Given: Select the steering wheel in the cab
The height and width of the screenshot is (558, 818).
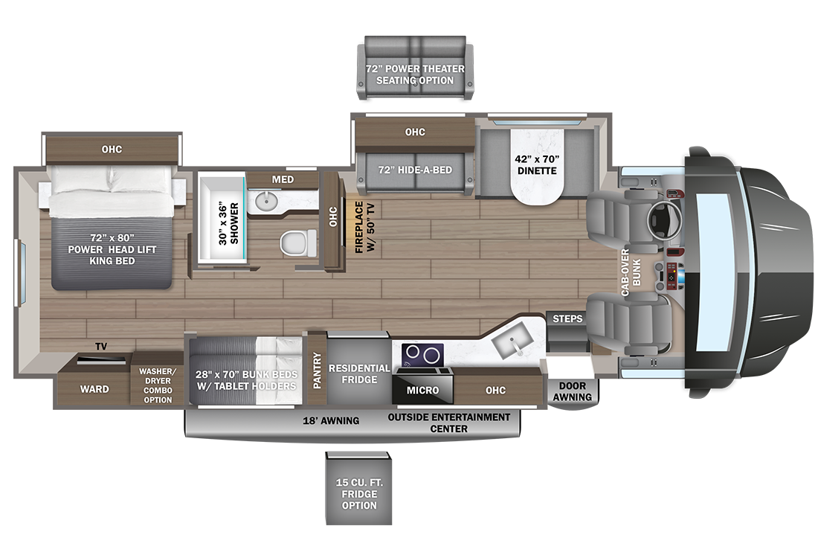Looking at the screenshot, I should coord(661,218).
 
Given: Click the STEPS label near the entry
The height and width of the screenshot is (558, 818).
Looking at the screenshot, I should coord(567,319).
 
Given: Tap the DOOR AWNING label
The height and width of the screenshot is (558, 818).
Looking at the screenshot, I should coord(572,391).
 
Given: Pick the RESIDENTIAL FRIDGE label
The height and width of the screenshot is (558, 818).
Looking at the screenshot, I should coord(359,373).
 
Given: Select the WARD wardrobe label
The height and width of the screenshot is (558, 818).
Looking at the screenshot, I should coord(94,389).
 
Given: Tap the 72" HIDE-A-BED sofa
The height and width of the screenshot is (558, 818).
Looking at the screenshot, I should coord(414,170).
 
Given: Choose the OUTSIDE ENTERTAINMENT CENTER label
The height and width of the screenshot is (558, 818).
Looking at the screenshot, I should coord(449,423).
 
